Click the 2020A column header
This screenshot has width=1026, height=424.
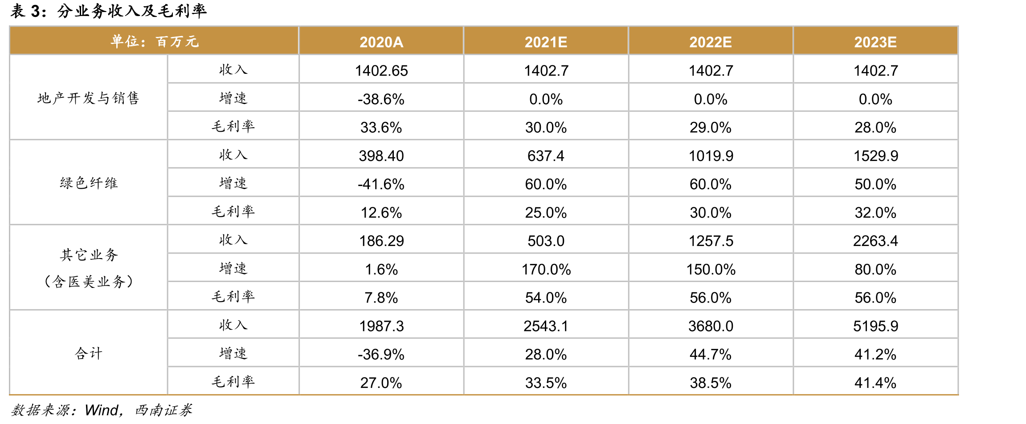pos(381,42)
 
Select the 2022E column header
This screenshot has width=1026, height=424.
pos(711,42)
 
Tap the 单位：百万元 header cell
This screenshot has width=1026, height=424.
pos(154,41)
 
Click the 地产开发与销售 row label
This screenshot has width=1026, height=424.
pos(88,98)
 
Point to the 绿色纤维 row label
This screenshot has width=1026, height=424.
pos(89,183)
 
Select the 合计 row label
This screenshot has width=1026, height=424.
pos(89,353)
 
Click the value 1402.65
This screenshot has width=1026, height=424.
pos(381,71)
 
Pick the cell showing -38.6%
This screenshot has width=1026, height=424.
pos(381,99)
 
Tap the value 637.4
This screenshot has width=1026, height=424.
pos(546,156)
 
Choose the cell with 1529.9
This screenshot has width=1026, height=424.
pos(875,156)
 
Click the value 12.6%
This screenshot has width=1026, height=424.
pos(381,213)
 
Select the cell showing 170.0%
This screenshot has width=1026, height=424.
pos(546,269)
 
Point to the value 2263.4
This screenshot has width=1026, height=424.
pos(875,241)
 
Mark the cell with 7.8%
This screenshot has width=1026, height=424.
pos(381,298)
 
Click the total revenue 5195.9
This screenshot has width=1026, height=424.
pos(875,326)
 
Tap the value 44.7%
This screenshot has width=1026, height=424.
pos(711,354)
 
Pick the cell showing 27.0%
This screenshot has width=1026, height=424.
pos(381,383)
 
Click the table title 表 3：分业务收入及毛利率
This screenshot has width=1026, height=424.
pos(108,11)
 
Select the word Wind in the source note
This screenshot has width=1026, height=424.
pos(102,410)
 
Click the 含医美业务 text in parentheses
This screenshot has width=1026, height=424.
pos(89,281)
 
